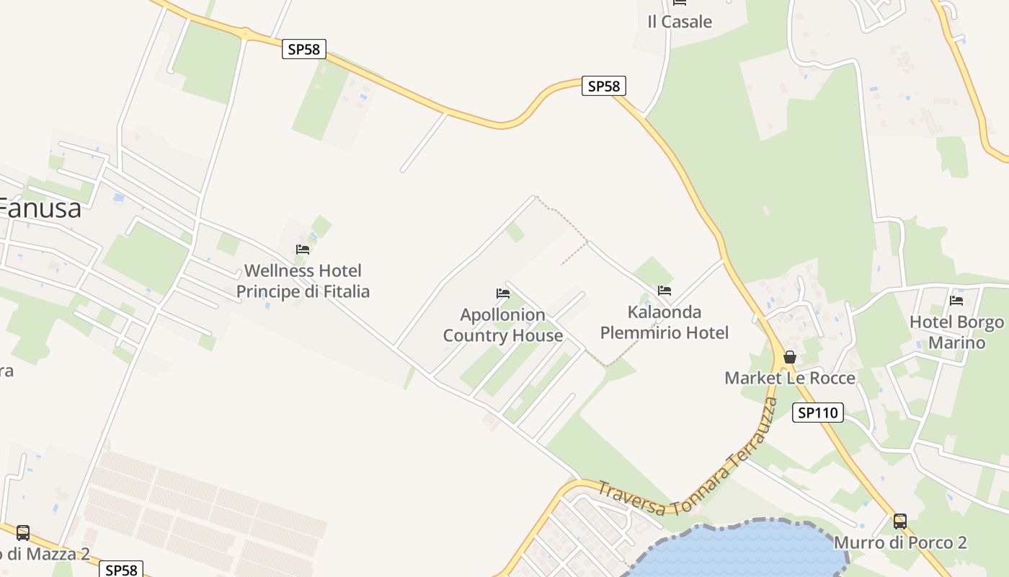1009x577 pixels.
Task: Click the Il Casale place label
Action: click(679, 22)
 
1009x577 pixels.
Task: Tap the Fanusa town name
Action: click(40, 208)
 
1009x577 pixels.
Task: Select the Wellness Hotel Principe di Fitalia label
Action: click(303, 281)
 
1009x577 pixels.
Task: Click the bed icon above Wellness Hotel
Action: click(303, 250)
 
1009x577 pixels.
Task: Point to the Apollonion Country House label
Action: click(502, 325)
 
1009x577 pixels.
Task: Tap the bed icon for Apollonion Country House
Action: click(503, 294)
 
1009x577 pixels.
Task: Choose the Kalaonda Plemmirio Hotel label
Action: click(664, 322)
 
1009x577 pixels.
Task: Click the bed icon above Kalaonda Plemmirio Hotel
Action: click(664, 291)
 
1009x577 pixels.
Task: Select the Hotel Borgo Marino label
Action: click(956, 332)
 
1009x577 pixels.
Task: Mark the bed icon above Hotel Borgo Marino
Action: click(956, 300)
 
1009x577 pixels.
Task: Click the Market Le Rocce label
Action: click(790, 378)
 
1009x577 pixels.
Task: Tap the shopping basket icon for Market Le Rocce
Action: click(790, 356)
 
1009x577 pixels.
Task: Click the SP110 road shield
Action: click(817, 413)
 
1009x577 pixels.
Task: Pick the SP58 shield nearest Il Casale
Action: click(603, 87)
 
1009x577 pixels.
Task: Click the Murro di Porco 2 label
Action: click(900, 542)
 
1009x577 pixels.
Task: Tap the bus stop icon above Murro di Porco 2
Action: click(900, 521)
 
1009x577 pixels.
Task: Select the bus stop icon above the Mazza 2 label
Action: click(23, 533)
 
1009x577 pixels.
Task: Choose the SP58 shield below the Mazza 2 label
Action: click(120, 570)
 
